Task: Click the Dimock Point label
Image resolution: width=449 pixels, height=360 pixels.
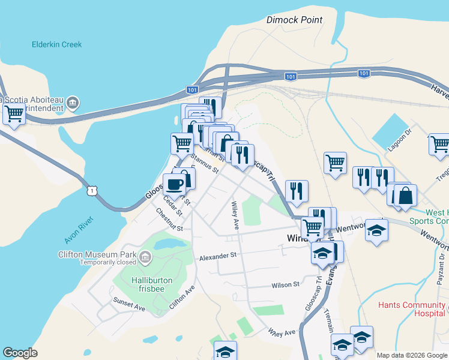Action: (x=294, y=20)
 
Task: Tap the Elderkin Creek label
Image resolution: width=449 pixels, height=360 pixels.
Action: (x=56, y=44)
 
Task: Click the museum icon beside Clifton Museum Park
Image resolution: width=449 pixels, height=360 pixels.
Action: (x=145, y=258)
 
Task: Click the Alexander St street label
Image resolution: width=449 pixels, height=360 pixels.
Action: (x=218, y=256)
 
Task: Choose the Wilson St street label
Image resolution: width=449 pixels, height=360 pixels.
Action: (x=285, y=284)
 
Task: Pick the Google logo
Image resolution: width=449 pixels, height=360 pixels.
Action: (x=20, y=353)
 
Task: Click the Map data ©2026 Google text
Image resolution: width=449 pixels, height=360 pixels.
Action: (x=411, y=355)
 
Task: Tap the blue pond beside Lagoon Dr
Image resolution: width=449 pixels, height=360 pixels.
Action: (x=391, y=132)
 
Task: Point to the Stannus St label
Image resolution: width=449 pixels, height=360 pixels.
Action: (x=203, y=163)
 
